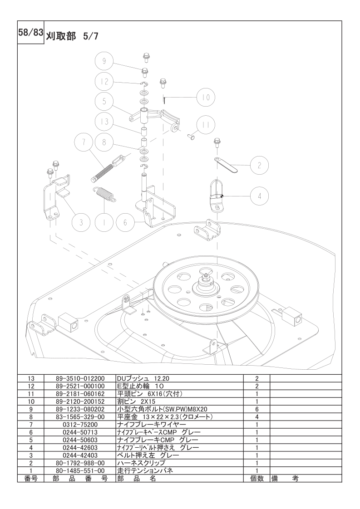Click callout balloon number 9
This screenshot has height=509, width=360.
click(104, 61)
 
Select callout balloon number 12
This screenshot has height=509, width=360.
click(104, 81)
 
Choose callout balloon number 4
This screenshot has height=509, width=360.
click(259, 196)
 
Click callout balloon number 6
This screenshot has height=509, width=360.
click(125, 222)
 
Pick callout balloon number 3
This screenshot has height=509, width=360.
click(81, 222)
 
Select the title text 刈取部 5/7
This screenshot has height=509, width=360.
click(72, 36)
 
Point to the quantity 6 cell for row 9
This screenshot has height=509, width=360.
click(256, 409)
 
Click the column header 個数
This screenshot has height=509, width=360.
click(256, 479)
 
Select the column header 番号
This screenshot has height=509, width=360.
click(31, 479)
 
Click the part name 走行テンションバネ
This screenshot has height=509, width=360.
click(145, 471)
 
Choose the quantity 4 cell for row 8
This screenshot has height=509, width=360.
click(256, 417)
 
